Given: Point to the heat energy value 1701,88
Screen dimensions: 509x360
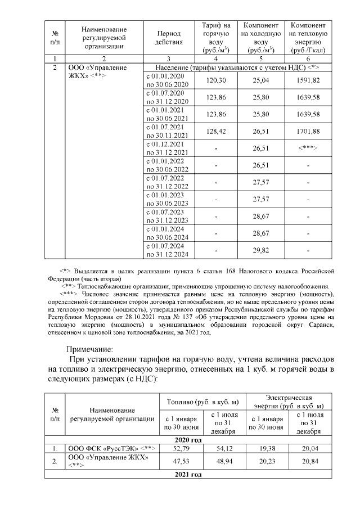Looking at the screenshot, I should click(308, 132).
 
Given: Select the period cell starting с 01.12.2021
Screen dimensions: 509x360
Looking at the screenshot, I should click(169, 148).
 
